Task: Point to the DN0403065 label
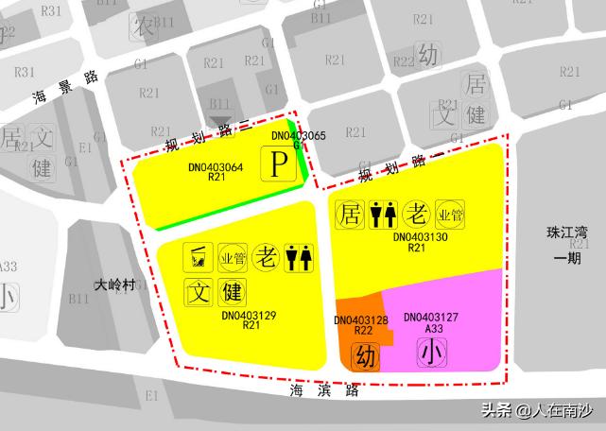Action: point(298,136)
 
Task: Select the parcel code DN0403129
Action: point(249,316)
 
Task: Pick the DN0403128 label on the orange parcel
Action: point(361,320)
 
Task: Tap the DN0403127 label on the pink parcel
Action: point(431,318)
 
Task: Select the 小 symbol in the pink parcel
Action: point(431,353)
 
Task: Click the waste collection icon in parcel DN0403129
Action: point(199,255)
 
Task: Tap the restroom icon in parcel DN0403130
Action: point(383,214)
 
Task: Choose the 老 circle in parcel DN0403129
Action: point(267,255)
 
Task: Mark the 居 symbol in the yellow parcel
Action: point(349,214)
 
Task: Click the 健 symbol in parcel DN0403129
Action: point(233,289)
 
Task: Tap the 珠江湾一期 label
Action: point(567,244)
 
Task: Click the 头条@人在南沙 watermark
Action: point(538,410)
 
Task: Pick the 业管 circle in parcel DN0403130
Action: point(450,214)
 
